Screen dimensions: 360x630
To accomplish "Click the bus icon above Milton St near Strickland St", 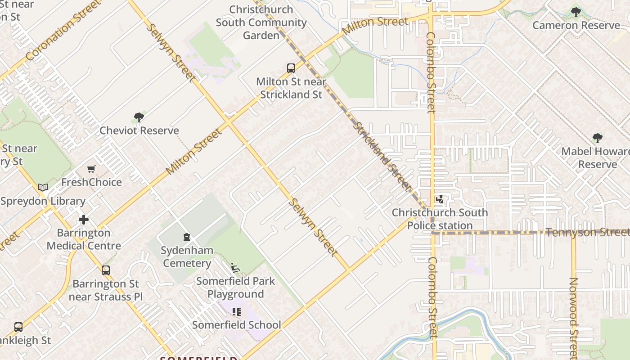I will (x=291, y=68).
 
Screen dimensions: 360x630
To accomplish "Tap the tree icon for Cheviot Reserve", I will (x=139, y=117).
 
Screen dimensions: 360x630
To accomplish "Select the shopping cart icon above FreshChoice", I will (x=91, y=169).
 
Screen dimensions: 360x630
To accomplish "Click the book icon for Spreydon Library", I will (x=43, y=187).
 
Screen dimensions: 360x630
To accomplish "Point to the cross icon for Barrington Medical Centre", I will (x=84, y=220).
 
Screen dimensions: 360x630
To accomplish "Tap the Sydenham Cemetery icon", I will (x=187, y=237).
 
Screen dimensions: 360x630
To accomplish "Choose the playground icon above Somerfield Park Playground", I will (x=235, y=268).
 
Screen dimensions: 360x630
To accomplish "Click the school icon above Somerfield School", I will (x=237, y=311).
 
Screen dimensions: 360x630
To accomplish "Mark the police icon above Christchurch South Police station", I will (x=440, y=199).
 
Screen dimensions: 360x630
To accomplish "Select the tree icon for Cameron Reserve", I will (x=576, y=12).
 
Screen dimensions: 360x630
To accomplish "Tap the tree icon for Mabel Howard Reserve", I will (x=597, y=138).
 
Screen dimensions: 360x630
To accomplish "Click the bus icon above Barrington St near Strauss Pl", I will (x=106, y=270).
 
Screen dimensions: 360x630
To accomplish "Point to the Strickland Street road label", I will (x=382, y=155).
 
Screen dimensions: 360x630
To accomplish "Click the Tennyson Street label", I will (x=587, y=232).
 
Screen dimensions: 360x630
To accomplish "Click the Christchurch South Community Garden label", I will (x=261, y=22).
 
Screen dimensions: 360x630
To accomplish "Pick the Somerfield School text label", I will (x=237, y=325).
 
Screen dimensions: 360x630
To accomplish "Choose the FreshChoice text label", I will (x=91, y=182).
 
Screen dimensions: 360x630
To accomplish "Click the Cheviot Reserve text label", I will (x=139, y=130).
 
